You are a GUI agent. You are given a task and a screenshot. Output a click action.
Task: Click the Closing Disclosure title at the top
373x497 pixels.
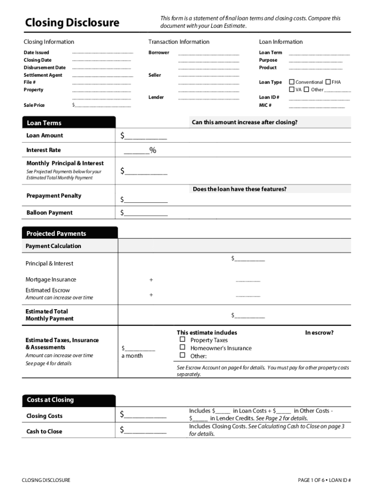pos(72,23)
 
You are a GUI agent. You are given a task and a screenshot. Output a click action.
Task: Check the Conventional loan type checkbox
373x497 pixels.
pos(292,82)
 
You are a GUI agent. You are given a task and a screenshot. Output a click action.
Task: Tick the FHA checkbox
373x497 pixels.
pos(328,82)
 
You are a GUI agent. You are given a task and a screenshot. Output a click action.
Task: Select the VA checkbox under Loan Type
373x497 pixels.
pos(292,89)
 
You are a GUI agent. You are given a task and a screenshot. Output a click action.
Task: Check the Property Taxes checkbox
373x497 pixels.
pos(183,340)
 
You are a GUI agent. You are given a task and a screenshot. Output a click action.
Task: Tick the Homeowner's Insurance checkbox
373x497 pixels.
pos(183,348)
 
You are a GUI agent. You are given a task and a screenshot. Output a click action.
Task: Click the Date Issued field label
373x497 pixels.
pos(36,52)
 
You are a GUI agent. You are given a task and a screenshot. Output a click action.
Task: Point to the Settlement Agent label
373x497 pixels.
pos(43,75)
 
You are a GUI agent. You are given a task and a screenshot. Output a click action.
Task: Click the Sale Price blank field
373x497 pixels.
pos(102,105)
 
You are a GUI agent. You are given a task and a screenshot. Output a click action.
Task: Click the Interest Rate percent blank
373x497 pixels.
pos(137,151)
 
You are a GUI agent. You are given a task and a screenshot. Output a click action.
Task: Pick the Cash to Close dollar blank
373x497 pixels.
pos(145,430)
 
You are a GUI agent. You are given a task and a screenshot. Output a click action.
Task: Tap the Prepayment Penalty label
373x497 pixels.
pos(54,196)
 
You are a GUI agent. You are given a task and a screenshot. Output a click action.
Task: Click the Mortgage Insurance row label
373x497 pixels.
pos(51,280)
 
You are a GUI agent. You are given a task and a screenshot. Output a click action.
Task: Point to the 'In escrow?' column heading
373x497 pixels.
pos(319,332)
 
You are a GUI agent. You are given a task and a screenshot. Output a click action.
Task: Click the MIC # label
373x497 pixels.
pos(265,105)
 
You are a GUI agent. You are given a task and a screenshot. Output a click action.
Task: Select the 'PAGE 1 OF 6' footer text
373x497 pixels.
pos(312,480)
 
